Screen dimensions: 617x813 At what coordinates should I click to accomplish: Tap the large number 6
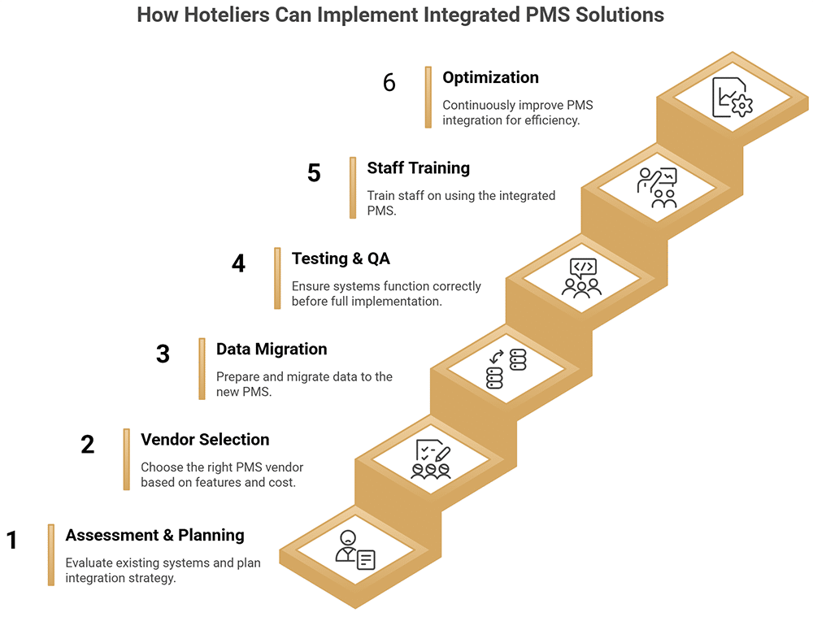(389, 83)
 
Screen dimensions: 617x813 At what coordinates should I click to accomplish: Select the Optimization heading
(490, 77)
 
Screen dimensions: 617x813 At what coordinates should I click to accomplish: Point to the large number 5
(314, 173)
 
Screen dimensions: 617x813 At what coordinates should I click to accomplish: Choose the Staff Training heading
(418, 167)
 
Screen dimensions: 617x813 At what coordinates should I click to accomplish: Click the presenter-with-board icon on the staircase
(657, 187)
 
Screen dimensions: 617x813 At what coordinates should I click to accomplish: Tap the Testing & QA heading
(341, 259)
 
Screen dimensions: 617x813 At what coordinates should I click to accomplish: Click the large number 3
(163, 354)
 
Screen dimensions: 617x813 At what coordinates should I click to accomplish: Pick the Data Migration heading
(271, 349)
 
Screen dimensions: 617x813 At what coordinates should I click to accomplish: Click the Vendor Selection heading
(205, 439)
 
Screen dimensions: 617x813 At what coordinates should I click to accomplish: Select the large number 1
(12, 541)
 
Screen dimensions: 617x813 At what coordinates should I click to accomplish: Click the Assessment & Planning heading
(154, 535)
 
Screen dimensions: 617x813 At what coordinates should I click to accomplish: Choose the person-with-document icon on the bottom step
(355, 550)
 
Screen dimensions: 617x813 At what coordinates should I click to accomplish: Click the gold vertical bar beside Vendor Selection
(127, 459)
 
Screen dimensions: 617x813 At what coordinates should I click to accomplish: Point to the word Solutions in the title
(619, 15)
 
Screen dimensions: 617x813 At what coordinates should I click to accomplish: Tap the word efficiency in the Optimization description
(551, 120)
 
